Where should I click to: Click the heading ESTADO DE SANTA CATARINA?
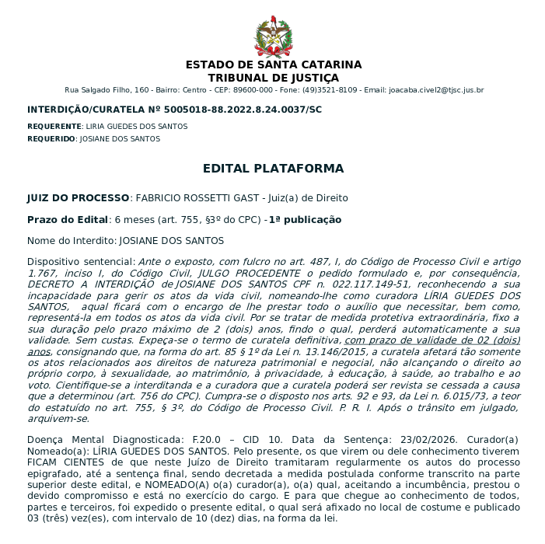pos(273,65)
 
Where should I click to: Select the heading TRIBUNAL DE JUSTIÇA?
pos(273,78)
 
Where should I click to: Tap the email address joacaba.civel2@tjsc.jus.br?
pos(435,90)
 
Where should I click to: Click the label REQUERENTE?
pos(54,126)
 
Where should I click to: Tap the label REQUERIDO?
pos(51,139)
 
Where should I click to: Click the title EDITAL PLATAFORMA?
pos(273,169)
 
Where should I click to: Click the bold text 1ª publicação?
pos(305,220)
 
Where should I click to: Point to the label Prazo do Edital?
pos(66,220)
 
